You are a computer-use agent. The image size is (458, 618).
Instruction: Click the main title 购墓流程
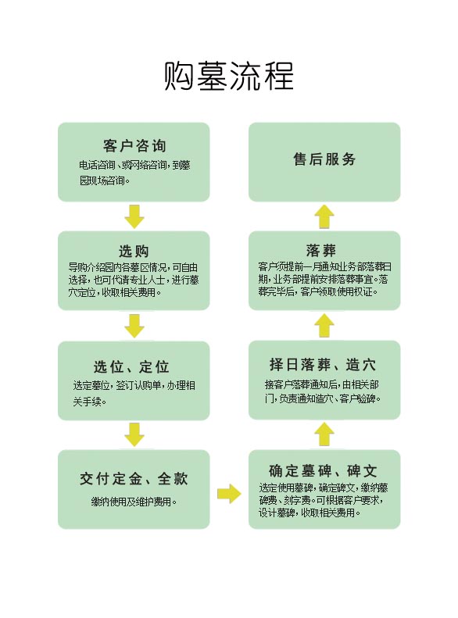[229, 75]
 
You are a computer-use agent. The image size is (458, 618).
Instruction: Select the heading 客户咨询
[134, 146]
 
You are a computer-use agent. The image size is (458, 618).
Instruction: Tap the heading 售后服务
[324, 159]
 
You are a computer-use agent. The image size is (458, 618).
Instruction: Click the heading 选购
[134, 251]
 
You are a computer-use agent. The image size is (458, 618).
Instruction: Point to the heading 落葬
[321, 250]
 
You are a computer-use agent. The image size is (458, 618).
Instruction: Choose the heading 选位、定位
[131, 367]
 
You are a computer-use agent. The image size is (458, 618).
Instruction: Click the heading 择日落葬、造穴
[323, 365]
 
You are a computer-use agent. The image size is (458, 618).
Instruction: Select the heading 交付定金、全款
[134, 479]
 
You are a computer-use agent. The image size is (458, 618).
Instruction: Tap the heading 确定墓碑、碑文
[324, 470]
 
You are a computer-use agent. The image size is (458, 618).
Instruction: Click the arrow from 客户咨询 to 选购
[134, 216]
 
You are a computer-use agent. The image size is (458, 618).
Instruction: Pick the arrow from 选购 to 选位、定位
[134, 326]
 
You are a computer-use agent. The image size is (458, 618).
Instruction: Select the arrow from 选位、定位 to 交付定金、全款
[134, 434]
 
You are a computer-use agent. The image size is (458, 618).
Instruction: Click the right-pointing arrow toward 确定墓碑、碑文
[229, 494]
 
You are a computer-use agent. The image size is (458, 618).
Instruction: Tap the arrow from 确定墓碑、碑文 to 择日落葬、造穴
[324, 434]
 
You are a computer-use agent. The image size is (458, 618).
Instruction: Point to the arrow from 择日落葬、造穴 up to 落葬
[324, 325]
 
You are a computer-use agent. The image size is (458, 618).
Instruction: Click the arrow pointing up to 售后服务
[324, 216]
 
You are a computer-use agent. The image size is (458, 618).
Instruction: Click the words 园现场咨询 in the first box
[102, 181]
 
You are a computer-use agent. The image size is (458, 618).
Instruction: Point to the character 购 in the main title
[179, 76]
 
